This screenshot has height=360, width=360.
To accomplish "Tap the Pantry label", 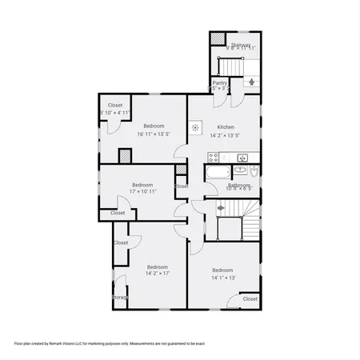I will (x=220, y=82).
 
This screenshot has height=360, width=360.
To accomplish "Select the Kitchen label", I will (x=226, y=126).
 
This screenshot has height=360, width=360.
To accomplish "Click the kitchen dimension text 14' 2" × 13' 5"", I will (x=226, y=135).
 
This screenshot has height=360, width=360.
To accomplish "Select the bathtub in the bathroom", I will (x=218, y=171).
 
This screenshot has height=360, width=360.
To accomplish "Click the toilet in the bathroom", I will (x=254, y=171).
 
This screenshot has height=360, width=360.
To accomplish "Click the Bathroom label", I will (x=238, y=185).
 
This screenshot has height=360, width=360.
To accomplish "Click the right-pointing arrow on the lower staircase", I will (x=221, y=208).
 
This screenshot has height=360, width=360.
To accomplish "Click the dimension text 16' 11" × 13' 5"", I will (x=154, y=134).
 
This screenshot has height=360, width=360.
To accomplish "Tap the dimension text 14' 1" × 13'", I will (x=222, y=278).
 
